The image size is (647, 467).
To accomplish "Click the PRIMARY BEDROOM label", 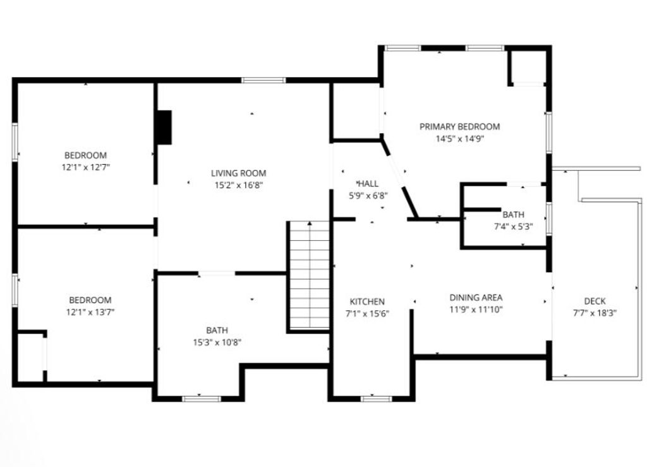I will pos(459,126).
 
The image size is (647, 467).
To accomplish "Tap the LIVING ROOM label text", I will pos(238,173).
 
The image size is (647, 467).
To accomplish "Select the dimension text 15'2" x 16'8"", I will pos(238,185).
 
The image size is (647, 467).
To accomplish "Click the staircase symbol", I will pos(310,276).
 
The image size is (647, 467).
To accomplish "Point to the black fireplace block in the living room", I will pos(164,128).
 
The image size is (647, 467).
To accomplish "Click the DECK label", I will pos(595,301).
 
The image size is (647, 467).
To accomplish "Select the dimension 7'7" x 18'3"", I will pos(595,312).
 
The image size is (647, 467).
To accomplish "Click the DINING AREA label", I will pos(476,298).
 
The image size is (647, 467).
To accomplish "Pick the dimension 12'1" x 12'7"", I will pos(85,167).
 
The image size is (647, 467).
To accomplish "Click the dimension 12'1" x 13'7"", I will pos(90,312).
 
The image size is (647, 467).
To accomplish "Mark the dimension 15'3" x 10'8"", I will pos(217,342).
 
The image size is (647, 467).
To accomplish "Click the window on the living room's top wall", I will pos(263,80).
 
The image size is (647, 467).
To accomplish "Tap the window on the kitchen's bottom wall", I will pos(376,398).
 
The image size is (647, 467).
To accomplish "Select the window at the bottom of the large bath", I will pos(201,398).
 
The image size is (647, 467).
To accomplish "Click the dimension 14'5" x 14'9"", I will pos(459,138).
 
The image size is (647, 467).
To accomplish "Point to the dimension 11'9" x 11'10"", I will pos(476,310).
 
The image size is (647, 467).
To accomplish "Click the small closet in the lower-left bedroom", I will pos(30,357).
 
